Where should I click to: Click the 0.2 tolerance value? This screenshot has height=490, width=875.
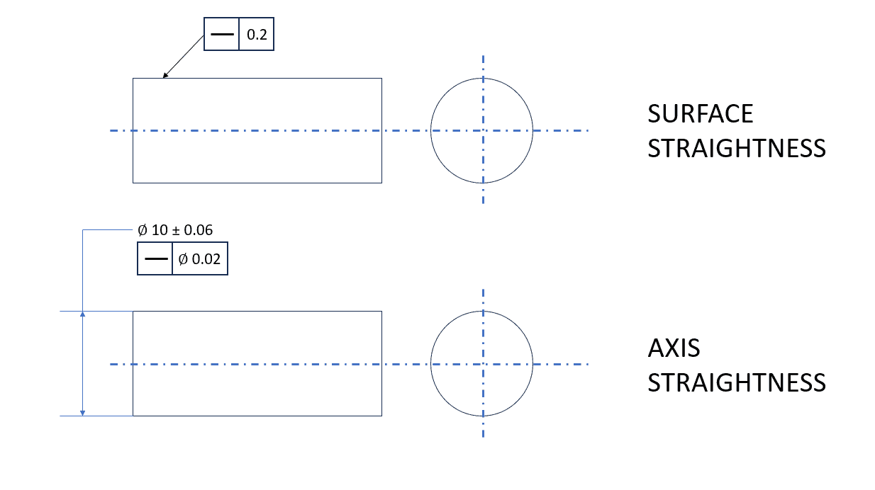257,35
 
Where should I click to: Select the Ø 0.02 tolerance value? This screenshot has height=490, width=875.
199,260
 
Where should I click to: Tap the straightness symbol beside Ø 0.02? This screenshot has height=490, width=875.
155,260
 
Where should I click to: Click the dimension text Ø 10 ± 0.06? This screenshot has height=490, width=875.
175,230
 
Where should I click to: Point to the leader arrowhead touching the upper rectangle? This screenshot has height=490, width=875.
165,76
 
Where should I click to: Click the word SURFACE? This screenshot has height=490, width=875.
700,114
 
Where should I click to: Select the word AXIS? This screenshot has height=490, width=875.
674,348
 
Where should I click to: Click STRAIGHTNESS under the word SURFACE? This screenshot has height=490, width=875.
737,149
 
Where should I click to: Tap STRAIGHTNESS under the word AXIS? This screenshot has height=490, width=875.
737,382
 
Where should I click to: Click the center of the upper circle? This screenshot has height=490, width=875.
482,130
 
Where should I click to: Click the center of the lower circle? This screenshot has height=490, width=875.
482,365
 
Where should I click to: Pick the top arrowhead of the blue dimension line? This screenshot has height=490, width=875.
83,314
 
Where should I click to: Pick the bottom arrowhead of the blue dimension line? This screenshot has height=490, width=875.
83,412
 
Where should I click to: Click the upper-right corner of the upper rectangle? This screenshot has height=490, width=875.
381,79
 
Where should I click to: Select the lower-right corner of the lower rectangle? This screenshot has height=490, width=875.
381,416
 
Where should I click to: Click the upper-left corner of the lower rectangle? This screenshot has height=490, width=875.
133,311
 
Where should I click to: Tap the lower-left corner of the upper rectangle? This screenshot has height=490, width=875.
133,183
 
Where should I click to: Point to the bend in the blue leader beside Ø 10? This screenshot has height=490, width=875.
83,230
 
